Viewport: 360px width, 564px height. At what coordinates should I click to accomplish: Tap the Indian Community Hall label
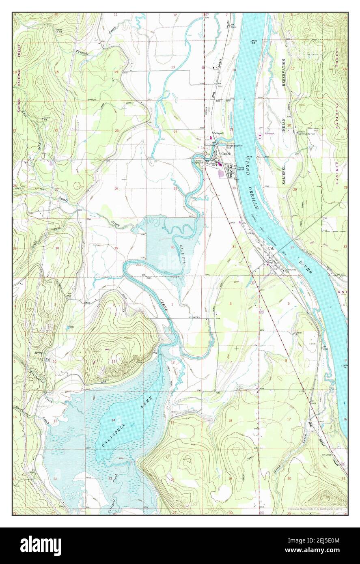[x=306, y=133]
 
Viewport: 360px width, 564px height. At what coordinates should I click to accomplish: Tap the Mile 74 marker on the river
[x=345, y=366]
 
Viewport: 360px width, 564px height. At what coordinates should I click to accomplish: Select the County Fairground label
[x=199, y=161]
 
